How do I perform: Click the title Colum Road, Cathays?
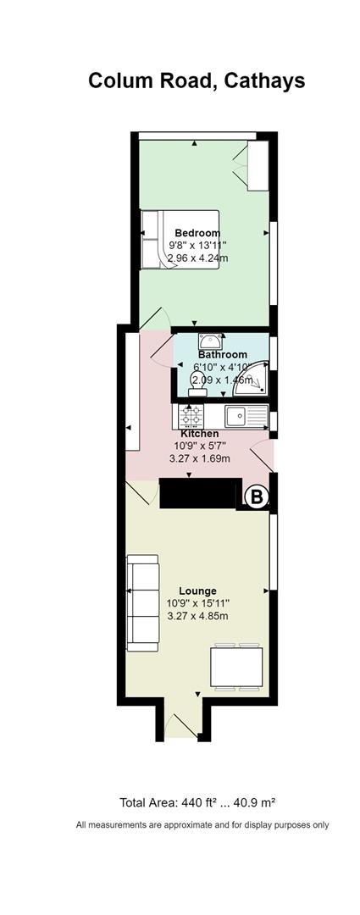coord(196,80)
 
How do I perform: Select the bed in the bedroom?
coord(180,240)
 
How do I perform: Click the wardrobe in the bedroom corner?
coord(258,165)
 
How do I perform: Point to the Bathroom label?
coord(222,355)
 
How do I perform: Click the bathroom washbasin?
coord(211,341)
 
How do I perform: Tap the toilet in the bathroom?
coord(197,385)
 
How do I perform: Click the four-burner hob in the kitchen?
coord(191,417)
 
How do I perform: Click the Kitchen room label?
coord(200,434)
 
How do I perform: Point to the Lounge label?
coord(198,591)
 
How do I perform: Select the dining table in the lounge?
coord(237,667)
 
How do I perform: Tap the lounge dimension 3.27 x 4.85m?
coord(198,616)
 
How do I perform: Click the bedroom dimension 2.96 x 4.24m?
coord(198,258)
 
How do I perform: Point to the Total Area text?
coord(197,802)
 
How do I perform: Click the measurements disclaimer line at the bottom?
coord(202,825)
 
